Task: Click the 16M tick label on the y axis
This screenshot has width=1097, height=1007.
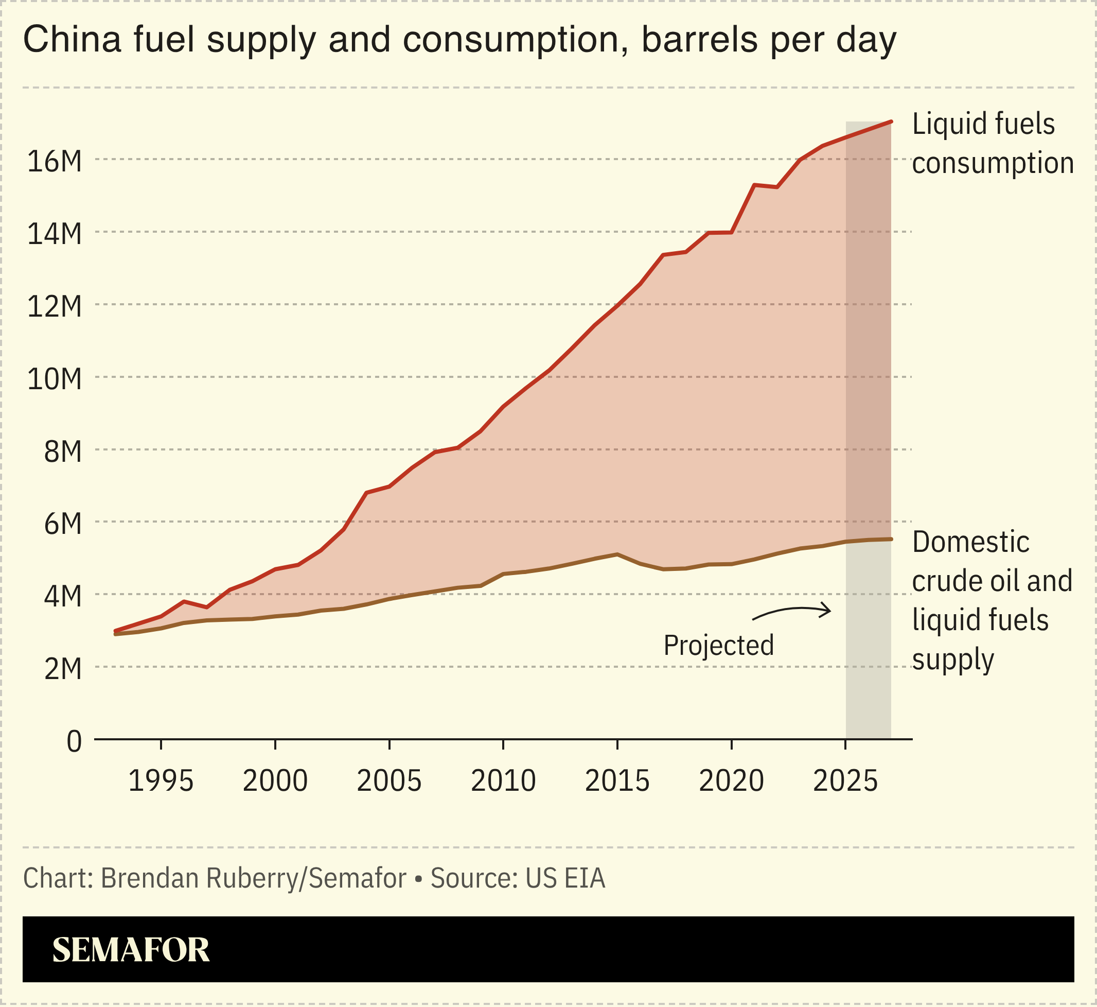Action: pos(55,162)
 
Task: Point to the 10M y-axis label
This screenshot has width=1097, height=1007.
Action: pos(55,379)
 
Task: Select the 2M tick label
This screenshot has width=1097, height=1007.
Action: pos(63,669)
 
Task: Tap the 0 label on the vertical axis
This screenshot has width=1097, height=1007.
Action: pos(74,742)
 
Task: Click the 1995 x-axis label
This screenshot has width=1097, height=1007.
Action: pos(161,782)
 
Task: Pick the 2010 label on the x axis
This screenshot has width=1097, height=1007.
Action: pos(503,782)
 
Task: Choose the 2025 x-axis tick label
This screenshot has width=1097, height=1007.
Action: pos(845,782)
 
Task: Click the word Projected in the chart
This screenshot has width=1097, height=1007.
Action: pos(718,646)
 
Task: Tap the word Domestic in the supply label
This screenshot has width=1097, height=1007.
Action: pos(970,542)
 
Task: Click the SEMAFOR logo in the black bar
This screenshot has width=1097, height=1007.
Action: pos(131,950)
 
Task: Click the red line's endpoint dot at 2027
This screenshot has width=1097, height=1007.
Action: pos(891,121)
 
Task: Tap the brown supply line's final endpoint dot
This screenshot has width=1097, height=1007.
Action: pos(891,539)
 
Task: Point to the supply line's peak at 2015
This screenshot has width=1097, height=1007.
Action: pos(617,554)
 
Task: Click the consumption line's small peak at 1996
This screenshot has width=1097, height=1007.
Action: pos(184,602)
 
